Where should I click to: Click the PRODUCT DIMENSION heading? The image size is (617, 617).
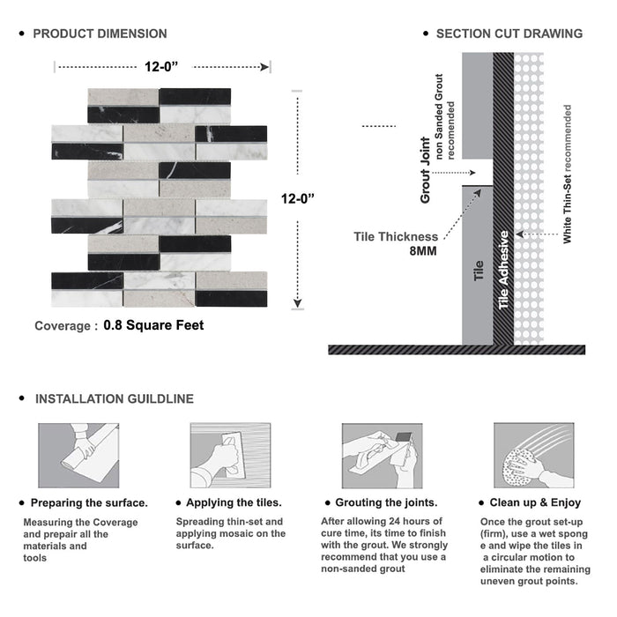tap(100, 33)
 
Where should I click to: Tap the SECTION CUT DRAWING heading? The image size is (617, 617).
tap(509, 33)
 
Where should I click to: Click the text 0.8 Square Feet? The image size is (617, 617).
tap(153, 325)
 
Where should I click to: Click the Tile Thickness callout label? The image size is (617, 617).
tap(396, 236)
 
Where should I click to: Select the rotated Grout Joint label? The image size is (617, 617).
tap(425, 170)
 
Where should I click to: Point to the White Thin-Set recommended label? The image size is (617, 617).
tap(568, 174)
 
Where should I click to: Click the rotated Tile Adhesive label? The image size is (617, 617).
tap(504, 270)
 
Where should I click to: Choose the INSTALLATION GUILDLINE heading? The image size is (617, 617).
tap(114, 399)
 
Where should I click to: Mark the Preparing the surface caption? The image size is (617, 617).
tap(88, 502)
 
